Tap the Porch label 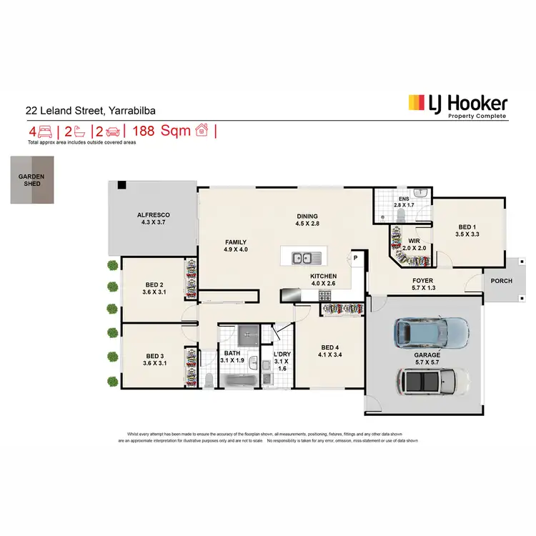point(502,281)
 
